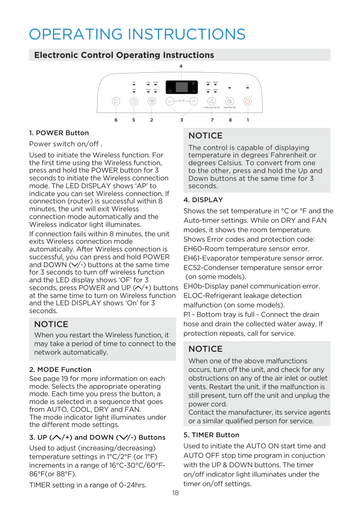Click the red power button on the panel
pyautogui.click(x=247, y=101)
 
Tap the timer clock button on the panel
pyautogui.click(x=134, y=101)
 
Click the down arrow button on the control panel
pyautogui.click(x=170, y=101)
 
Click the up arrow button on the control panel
pyautogui.click(x=194, y=101)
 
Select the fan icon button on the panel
pyautogui.click(x=211, y=101)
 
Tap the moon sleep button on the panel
pyautogui.click(x=230, y=101)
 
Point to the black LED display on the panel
pyautogui.click(x=181, y=87)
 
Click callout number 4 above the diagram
pyautogui.click(x=181, y=66)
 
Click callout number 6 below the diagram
pyautogui.click(x=116, y=120)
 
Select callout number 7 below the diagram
pyautogui.click(x=212, y=120)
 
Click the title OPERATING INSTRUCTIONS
pyautogui.click(x=137, y=34)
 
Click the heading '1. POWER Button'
pyautogui.click(x=59, y=133)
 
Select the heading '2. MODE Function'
pyautogui.click(x=60, y=369)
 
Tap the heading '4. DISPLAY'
pyautogui.click(x=203, y=200)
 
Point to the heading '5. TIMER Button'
pyautogui.click(x=211, y=435)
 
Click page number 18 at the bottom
pyautogui.click(x=175, y=493)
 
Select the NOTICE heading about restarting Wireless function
pyautogui.click(x=51, y=324)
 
